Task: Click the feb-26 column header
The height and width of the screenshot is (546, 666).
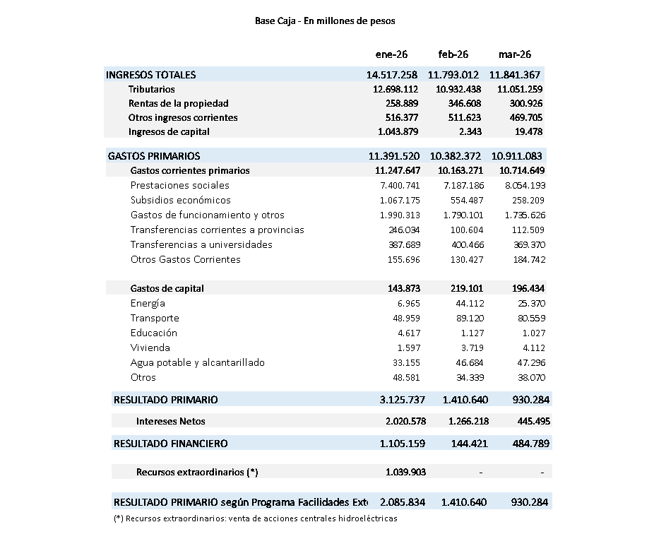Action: [453, 54]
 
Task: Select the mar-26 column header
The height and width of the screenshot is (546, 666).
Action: [515, 54]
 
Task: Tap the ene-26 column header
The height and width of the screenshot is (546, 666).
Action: [392, 54]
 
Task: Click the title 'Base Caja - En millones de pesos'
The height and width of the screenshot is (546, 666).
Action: [325, 21]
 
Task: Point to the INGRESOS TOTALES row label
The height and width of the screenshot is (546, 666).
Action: [151, 75]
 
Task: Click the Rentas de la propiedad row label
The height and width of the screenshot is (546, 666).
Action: [179, 104]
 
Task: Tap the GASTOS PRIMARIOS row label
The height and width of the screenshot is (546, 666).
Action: [154, 156]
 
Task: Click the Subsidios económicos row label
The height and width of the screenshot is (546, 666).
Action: [181, 201]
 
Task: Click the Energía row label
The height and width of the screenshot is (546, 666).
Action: [148, 304]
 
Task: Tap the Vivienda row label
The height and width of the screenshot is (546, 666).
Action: [150, 348]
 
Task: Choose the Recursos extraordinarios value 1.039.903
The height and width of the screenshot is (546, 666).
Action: [405, 472]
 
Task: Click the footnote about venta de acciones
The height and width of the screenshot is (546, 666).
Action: [256, 518]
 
